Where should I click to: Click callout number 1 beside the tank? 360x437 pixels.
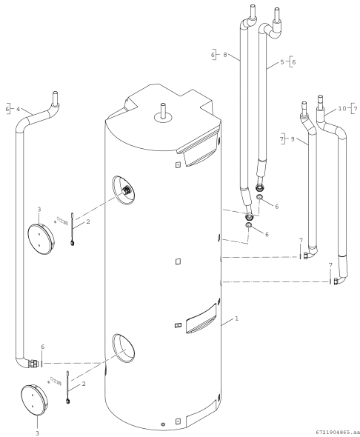tap(236, 318)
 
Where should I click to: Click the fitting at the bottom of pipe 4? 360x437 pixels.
tap(32, 364)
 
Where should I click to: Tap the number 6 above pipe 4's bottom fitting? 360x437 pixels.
tap(42, 347)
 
